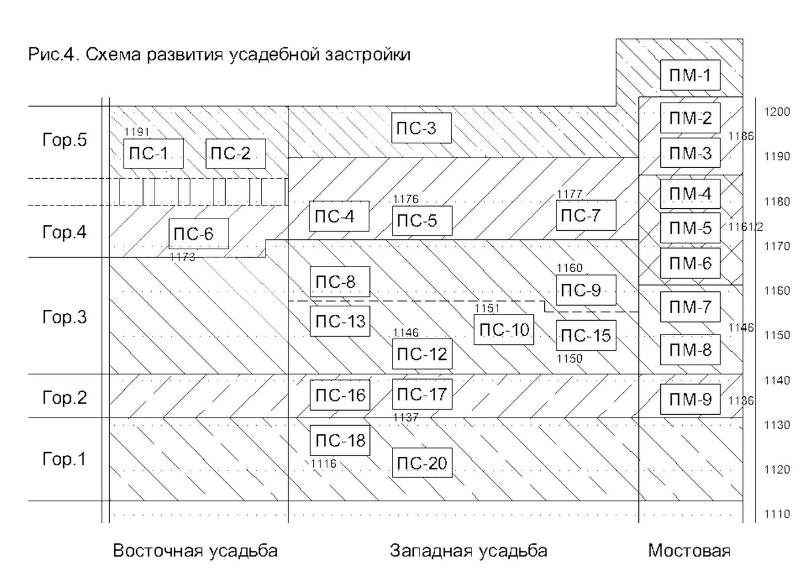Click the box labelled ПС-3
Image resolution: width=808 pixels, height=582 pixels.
[421, 128]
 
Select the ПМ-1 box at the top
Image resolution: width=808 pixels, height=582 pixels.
[690, 75]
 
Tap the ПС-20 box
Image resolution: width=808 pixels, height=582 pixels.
[422, 463]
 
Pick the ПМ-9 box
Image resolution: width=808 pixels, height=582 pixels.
[690, 399]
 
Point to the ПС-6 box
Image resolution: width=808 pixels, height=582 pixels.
[199, 234]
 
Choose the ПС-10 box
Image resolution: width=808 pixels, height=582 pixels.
[504, 329]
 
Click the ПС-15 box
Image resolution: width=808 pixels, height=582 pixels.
[586, 335]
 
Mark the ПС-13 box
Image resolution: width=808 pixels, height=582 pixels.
[340, 321]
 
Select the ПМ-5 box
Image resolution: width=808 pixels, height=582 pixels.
[690, 228]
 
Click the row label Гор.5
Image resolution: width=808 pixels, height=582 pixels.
[65, 140]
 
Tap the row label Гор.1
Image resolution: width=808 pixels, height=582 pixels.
[64, 459]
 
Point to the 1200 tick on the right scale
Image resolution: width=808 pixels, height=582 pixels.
[777, 112]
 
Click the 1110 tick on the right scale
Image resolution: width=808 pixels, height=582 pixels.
[777, 514]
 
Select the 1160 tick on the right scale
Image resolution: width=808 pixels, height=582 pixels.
[777, 291]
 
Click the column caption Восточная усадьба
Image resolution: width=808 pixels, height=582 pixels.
[195, 551]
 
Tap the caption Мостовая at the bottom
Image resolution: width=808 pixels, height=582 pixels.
[689, 551]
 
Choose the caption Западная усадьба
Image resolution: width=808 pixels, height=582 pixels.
[468, 551]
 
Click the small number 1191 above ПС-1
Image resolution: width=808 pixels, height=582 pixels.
[137, 132]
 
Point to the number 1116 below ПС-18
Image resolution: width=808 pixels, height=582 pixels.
[323, 464]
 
